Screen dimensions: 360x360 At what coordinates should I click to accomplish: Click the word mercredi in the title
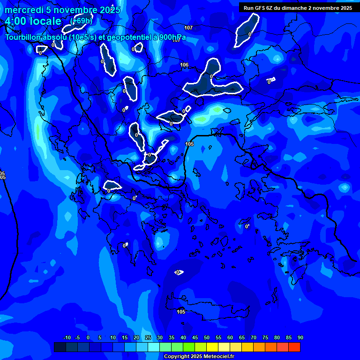pyautogui.click(x=24, y=10)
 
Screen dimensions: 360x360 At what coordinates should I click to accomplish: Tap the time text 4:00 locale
pyautogui.click(x=33, y=21)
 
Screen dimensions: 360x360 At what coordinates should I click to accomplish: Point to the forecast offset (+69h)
pyautogui.click(x=81, y=21)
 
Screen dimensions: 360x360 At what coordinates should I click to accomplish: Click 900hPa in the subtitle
pyautogui.click(x=173, y=37)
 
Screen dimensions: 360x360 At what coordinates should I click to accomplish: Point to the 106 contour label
pyautogui.click(x=184, y=65)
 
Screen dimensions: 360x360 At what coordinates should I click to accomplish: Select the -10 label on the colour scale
pyautogui.click(x=67, y=338)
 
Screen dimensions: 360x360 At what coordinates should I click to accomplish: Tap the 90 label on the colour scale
pyautogui.click(x=300, y=338)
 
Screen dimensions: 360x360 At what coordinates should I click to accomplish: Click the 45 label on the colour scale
pyautogui.click(x=195, y=338)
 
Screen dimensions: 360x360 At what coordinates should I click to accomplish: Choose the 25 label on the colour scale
pyautogui.click(x=148, y=338)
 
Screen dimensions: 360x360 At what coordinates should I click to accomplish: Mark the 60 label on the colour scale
pyautogui.click(x=230, y=338)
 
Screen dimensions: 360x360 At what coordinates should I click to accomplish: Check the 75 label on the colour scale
pyautogui.click(x=265, y=338)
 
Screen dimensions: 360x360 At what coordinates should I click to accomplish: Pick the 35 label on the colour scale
pyautogui.click(x=172, y=338)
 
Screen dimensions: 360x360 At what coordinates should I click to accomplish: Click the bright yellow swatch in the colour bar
pyautogui.click(x=212, y=347)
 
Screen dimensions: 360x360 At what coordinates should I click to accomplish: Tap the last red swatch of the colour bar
pyautogui.click(x=294, y=347)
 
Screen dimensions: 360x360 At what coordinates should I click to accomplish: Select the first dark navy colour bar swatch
pyautogui.click(x=60, y=347)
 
